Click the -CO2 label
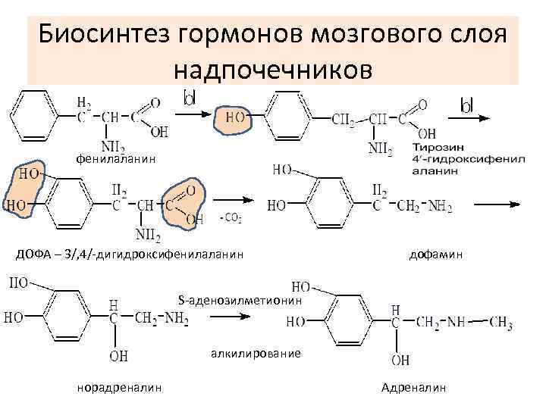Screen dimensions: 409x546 point(231,219)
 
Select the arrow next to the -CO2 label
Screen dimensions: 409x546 point(236,200)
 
